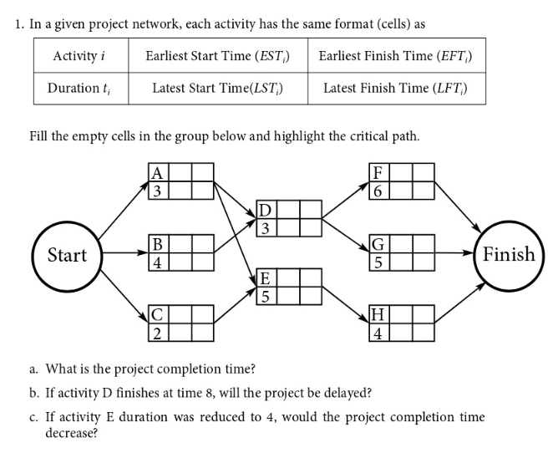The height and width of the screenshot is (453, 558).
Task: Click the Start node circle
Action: click(66, 254)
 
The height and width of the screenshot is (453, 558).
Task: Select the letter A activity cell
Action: click(156, 173)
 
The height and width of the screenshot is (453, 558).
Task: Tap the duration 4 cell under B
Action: click(156, 262)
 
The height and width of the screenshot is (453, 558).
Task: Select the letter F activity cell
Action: click(378, 173)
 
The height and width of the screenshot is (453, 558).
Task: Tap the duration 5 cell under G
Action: click(378, 262)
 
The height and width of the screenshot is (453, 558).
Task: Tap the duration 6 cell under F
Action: click(378, 191)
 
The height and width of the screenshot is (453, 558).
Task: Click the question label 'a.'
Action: click(33, 369)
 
